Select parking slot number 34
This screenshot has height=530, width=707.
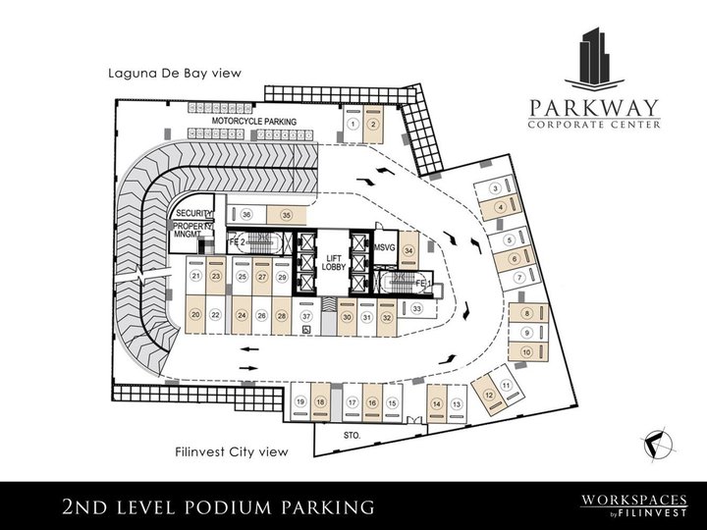tap(409, 249)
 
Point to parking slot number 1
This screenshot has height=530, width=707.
tap(352, 124)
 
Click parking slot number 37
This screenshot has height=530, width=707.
tap(306, 316)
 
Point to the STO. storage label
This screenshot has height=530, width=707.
tap(353, 433)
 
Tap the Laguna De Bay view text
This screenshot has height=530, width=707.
tap(175, 73)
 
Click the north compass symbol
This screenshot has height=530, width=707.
tap(658, 444)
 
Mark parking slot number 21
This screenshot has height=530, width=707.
tap(196, 277)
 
